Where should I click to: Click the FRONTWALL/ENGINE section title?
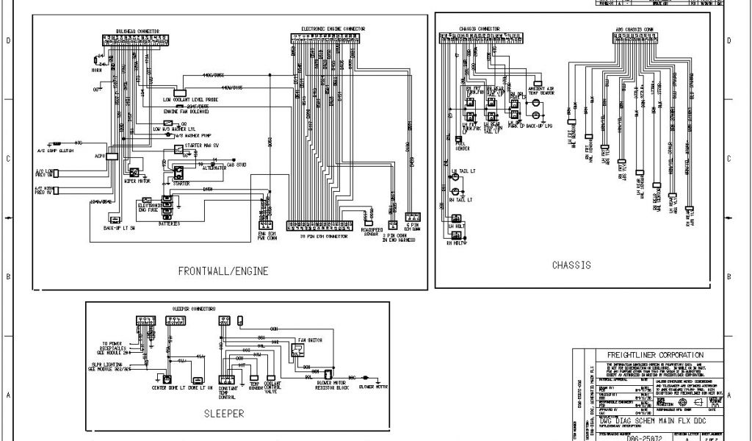click(223, 271)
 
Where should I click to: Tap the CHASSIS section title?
click(571, 265)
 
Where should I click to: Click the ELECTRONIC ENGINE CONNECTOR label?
click(333, 29)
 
